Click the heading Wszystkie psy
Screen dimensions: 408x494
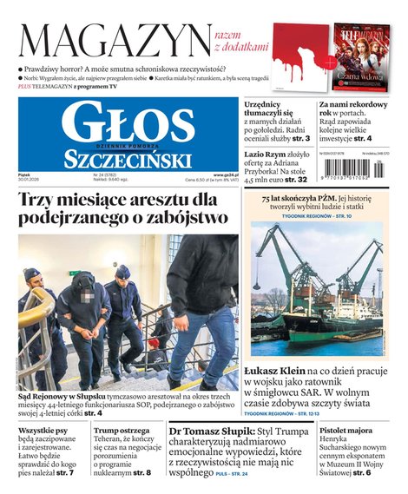43,431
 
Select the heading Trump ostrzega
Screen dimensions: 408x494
122,431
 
